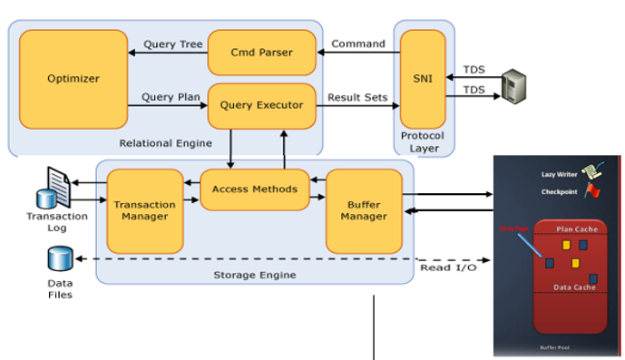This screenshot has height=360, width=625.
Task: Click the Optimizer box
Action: point(73,79)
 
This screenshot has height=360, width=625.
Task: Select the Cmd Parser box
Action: point(262,53)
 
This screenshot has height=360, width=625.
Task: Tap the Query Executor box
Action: point(262,105)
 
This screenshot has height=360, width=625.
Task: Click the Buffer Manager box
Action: point(363,211)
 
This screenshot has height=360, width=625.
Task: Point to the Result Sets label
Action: point(358,96)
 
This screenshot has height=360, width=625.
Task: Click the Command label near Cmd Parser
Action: point(357,44)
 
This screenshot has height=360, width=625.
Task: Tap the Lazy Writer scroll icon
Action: point(594,170)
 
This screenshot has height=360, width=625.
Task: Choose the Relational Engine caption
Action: point(164,142)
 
